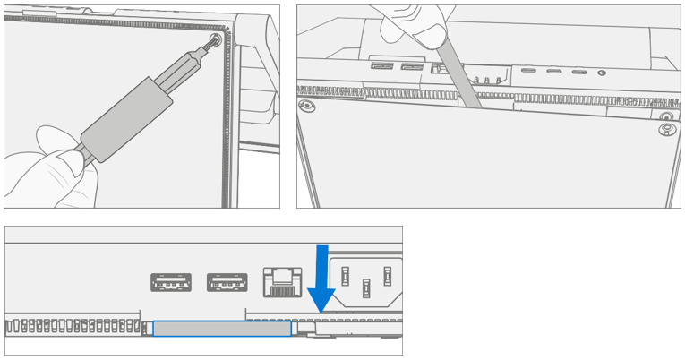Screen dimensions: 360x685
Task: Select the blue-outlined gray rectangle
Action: (x=221, y=329)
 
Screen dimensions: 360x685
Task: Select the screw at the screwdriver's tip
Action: (x=215, y=39)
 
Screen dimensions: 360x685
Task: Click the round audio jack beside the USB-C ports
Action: (x=601, y=72)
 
